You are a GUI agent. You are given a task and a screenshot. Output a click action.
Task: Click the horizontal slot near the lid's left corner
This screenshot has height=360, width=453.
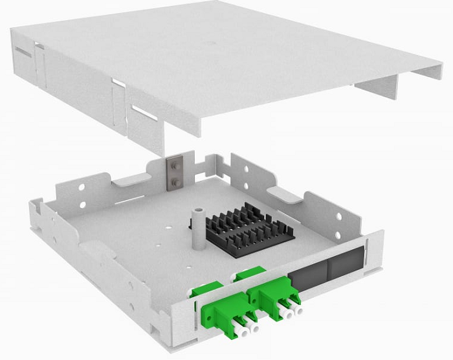tap(21, 51)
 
